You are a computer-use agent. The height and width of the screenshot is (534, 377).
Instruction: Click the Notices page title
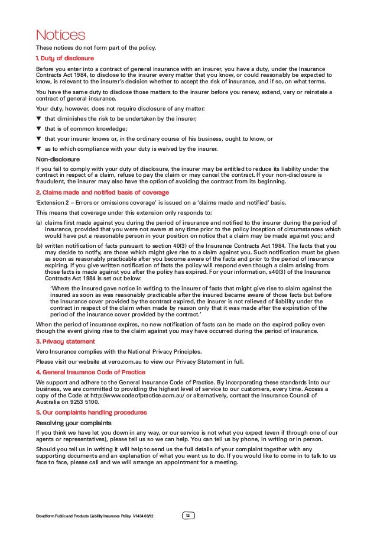click(60, 35)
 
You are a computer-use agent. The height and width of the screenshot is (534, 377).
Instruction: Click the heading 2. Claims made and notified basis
click(102, 192)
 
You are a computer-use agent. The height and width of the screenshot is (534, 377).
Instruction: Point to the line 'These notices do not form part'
click(88, 47)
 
